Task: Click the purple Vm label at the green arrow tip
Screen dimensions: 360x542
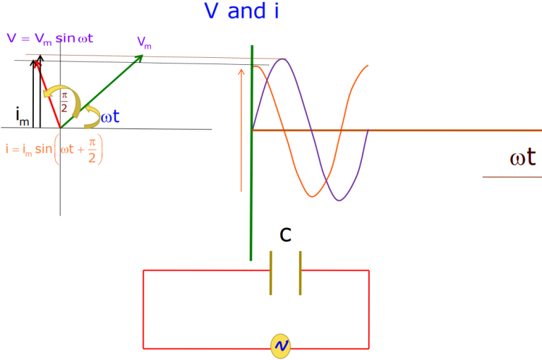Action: [x=145, y=43]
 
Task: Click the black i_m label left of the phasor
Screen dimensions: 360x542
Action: [x=23, y=116]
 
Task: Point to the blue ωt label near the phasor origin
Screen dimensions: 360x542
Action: [x=110, y=117]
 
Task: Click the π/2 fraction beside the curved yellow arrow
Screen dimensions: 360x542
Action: [x=64, y=101]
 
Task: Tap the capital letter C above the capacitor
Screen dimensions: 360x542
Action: [x=286, y=234]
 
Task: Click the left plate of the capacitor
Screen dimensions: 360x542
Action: [x=271, y=273]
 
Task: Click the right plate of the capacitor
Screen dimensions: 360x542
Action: [x=300, y=273]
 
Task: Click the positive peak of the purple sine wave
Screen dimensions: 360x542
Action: [x=282, y=60]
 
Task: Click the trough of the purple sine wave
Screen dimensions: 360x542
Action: [x=339, y=200]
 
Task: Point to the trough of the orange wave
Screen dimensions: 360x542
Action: [x=313, y=196]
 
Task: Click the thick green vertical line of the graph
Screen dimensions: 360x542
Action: [x=251, y=212]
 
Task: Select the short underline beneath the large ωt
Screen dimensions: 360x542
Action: [x=512, y=176]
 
